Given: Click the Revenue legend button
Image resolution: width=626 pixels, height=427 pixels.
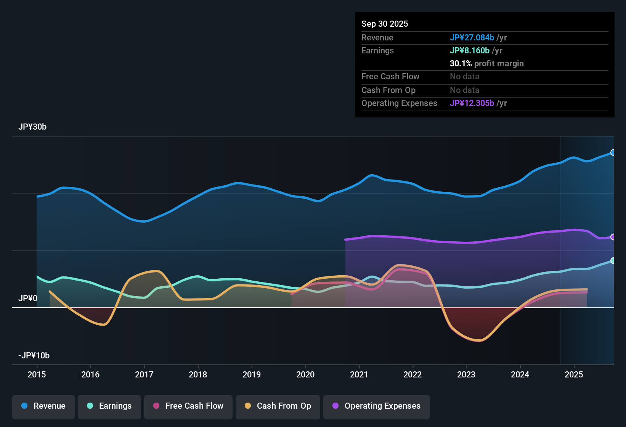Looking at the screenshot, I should coord(43,406).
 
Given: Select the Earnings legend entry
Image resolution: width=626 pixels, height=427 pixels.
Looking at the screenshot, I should coord(109,406).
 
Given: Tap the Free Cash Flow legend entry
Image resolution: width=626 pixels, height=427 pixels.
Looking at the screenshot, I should coord(188,406).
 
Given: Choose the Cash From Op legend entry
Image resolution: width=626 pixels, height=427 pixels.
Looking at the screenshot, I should coord(278,406).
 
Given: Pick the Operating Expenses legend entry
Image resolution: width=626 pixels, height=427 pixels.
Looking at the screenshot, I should coord(377,406).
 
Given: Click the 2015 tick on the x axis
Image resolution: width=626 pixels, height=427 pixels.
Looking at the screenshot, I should coord(37,374).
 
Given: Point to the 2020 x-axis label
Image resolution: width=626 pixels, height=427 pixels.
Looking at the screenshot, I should coord(305,374).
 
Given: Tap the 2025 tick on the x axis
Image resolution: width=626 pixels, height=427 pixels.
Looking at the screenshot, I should coord(574,374).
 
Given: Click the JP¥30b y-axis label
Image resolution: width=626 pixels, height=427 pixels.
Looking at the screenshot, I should coord(32,127).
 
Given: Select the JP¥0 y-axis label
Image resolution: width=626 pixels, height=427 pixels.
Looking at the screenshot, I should coord(28,299).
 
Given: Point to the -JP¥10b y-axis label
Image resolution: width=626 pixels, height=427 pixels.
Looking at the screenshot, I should coord(34,356).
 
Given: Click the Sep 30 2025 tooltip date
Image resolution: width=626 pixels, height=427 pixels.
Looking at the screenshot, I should coord(385,24).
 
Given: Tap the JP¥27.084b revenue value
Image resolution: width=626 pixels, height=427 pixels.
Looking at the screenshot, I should coord(472,38).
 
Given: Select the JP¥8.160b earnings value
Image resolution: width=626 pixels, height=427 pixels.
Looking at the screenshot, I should coord(470,51).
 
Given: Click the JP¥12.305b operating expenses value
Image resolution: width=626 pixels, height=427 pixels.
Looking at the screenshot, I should coord(472,103).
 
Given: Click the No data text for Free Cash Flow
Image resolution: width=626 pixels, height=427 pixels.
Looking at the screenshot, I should coord(464,77).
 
